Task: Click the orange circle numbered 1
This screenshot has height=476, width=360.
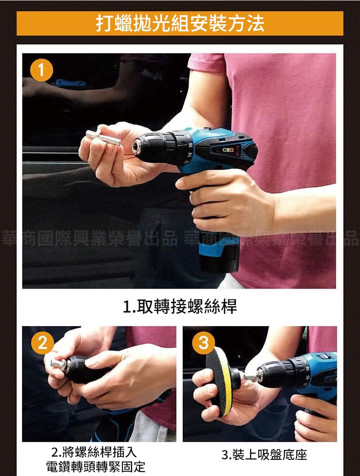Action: [41, 70]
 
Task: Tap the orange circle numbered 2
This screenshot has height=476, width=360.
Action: [42, 342]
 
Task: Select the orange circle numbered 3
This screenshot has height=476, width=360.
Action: [203, 343]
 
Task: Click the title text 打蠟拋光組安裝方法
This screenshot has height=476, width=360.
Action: [180, 23]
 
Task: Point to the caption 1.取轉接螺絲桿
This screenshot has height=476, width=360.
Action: [180, 306]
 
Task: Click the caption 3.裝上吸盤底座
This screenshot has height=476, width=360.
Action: [264, 455]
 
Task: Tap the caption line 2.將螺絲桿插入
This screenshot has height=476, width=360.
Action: [94, 452]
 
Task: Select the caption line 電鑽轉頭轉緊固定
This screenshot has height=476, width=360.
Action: [95, 467]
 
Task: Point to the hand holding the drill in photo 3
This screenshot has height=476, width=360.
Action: [315, 417]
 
